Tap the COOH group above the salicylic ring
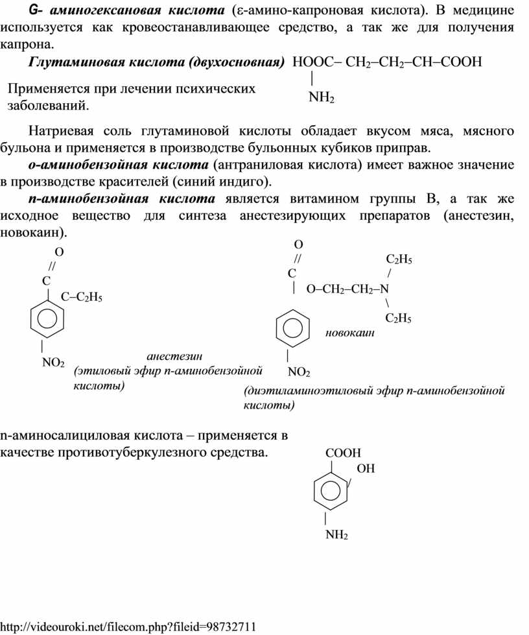[343, 453]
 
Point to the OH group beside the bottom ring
[366, 468]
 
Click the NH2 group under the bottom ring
[336, 535]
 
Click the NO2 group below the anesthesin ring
[53, 363]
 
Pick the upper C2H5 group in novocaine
[399, 259]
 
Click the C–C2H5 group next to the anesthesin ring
[81, 297]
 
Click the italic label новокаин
[350, 333]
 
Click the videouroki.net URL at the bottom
[129, 627]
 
